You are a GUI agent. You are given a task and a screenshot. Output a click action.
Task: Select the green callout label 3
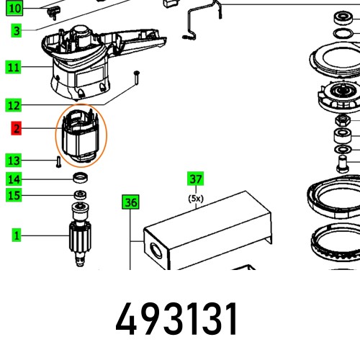click(x=16, y=31)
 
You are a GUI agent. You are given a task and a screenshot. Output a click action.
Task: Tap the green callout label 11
click(x=14, y=68)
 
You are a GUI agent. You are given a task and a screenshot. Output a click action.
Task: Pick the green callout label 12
click(x=14, y=105)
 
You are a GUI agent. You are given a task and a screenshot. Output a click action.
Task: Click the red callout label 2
click(x=16, y=130)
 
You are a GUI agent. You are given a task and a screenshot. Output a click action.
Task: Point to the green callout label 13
click(x=14, y=160)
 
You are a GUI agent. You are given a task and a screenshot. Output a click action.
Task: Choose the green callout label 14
click(x=14, y=179)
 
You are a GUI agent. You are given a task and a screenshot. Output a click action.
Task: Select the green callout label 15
click(x=14, y=195)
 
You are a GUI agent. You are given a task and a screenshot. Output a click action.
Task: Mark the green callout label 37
click(x=195, y=178)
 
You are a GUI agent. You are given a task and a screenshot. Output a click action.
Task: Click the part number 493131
click(x=176, y=315)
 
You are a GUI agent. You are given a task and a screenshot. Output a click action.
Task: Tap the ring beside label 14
click(x=81, y=178)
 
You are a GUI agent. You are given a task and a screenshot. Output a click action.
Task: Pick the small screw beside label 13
click(x=55, y=160)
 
